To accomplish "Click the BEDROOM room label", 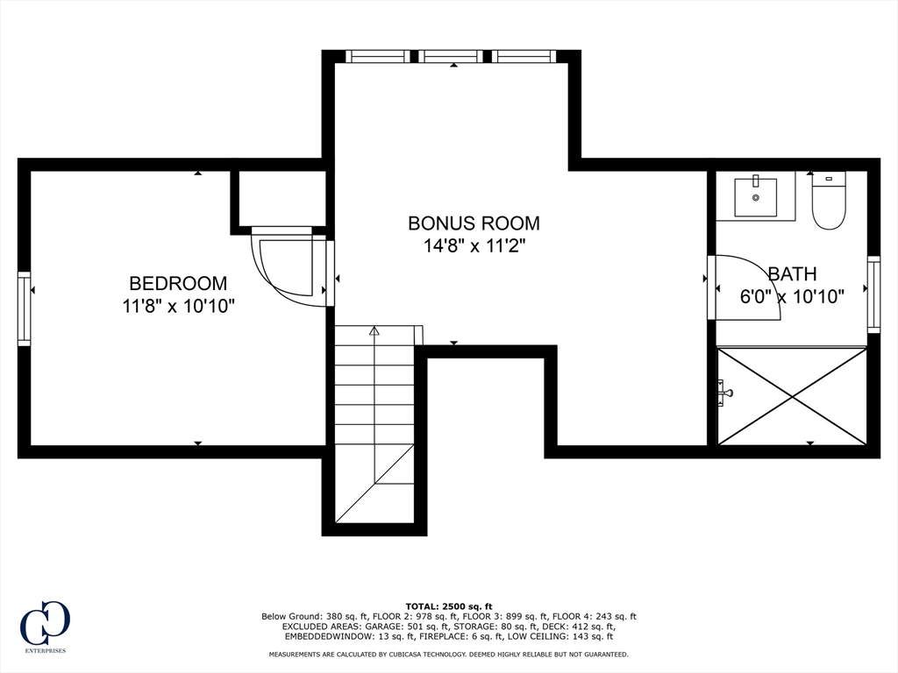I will (x=178, y=283).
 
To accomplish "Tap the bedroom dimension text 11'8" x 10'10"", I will (x=179, y=306).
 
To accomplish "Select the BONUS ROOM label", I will (x=474, y=223).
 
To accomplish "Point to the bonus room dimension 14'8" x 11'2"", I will (x=474, y=245).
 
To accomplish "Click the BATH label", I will (x=792, y=273).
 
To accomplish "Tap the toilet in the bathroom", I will (x=828, y=203).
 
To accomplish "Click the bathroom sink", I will (x=755, y=197).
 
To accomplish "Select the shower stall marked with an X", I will (x=792, y=396).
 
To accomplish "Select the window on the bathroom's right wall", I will (x=873, y=294).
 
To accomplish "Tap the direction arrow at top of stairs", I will (x=374, y=331).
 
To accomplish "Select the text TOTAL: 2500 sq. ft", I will (x=449, y=606).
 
